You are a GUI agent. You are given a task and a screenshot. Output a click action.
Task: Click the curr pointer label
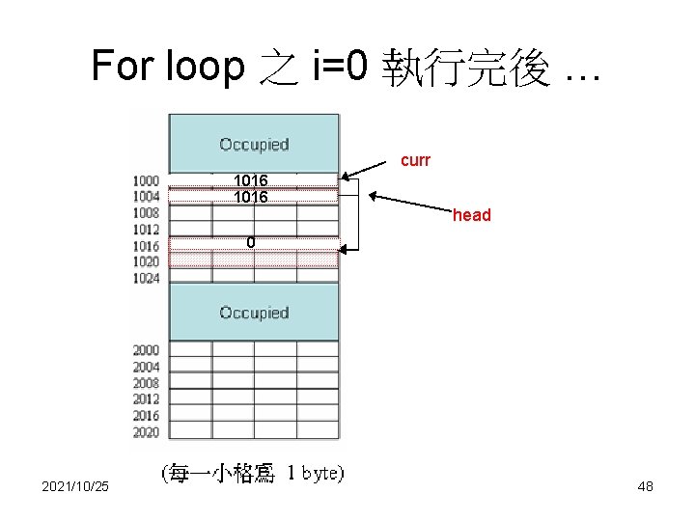[415, 160]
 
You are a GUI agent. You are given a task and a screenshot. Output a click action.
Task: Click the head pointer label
[472, 215]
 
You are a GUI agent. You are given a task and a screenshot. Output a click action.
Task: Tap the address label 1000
[147, 180]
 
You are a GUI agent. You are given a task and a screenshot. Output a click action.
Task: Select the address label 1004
[147, 197]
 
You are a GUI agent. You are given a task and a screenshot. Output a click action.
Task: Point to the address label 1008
[147, 213]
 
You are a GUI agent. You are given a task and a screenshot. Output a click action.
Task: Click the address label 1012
[147, 230]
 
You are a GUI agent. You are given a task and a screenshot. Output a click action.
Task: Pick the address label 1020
[147, 262]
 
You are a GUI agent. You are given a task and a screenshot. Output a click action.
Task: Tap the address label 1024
[147, 279]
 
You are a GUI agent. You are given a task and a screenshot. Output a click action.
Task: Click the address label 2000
[147, 350]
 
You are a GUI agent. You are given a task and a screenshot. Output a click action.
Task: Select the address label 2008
[147, 383]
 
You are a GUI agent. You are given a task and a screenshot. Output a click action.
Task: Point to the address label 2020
[147, 432]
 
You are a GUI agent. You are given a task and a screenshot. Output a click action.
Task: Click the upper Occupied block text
[254, 145]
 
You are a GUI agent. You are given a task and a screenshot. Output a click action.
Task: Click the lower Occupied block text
[254, 313]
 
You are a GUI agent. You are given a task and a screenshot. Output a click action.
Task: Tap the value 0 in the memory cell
[250, 242]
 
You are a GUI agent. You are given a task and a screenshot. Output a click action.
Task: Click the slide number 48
[646, 487]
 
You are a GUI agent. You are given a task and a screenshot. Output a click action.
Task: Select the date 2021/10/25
[75, 487]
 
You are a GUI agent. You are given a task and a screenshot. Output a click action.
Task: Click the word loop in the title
[206, 67]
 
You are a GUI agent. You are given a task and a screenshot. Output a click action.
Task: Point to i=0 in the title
[340, 67]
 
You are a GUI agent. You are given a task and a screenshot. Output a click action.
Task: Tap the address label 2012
[147, 399]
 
